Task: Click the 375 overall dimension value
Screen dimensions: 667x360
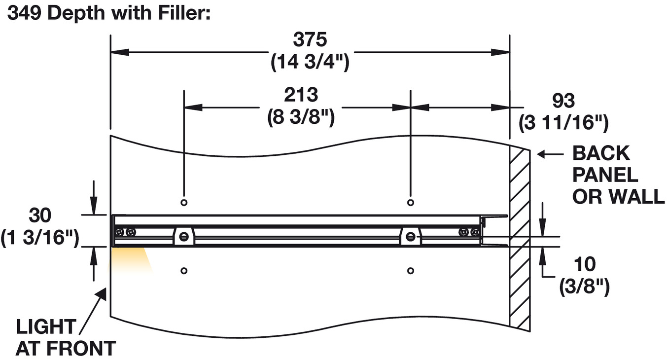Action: click(310, 39)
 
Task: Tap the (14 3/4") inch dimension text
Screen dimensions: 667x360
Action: click(310, 63)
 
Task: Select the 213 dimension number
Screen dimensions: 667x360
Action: click(301, 94)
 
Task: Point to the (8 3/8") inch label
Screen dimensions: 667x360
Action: click(301, 118)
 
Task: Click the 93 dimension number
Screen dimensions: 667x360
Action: click(563, 101)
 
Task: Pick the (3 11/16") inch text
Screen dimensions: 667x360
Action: click(563, 123)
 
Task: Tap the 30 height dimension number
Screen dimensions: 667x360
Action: click(40, 215)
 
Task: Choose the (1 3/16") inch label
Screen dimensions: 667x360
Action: click(40, 238)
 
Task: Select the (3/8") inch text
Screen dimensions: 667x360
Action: click(585, 287)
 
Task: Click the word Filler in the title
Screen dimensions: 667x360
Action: click(180, 13)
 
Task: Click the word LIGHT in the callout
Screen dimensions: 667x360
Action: click(46, 326)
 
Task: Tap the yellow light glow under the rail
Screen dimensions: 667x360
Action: click(129, 259)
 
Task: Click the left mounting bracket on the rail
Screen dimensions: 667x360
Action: click(183, 236)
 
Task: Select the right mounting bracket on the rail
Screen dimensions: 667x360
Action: click(410, 236)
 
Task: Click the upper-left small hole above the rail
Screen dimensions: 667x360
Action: click(184, 202)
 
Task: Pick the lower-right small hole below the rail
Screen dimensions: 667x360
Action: click(411, 270)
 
